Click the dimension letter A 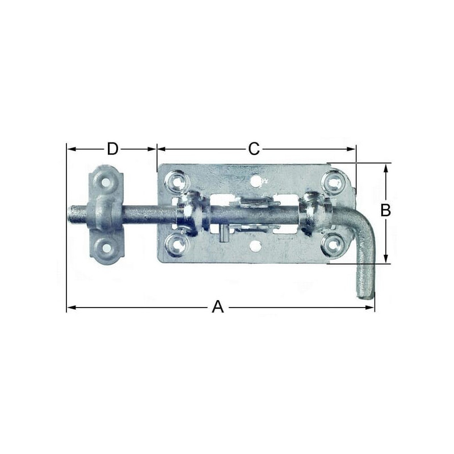[218, 307]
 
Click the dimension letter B [385, 211]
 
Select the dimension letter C [254, 149]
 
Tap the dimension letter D [112, 149]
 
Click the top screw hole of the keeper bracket [106, 182]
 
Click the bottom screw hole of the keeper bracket [107, 247]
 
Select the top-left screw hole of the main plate [176, 182]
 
